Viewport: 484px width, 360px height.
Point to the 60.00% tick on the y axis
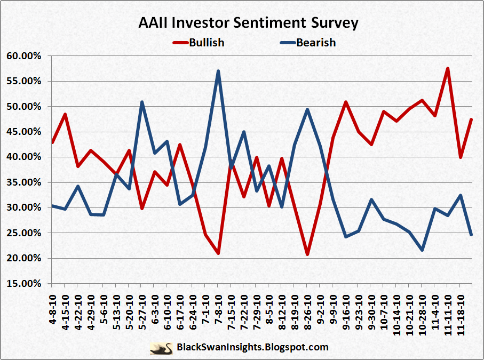23,56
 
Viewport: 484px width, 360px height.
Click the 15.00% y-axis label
23,284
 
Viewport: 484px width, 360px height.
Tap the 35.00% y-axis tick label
23,182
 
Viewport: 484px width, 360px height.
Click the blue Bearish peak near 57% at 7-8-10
218,71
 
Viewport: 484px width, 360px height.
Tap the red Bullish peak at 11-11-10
447,68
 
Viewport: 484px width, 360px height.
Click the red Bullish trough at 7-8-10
218,253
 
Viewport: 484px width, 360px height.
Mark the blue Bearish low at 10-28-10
422,250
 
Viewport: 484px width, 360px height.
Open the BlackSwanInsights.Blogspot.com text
252,348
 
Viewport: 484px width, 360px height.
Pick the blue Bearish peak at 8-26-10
307,109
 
